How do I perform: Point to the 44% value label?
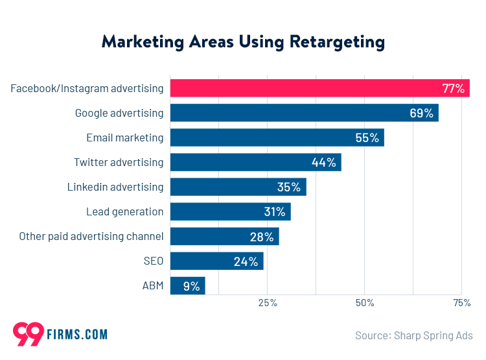pos(323,163)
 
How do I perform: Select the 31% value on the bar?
pos(274,212)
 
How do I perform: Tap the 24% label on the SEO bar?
pos(246,261)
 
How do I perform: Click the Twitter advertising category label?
pos(119,162)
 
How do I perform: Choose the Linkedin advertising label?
pos(115,187)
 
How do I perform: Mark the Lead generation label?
pos(124,211)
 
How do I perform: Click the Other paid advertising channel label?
pos(91,236)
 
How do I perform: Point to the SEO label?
pos(153,261)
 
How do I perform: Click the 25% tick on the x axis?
pos(268,303)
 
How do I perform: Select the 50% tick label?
pos(365,303)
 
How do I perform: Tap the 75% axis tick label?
pos(461,303)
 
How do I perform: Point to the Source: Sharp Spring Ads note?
pos(413,335)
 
